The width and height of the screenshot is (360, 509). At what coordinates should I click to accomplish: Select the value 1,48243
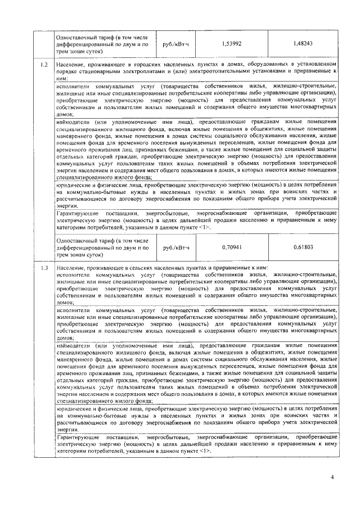[304, 43]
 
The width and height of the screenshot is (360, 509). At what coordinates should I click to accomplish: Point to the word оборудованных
[258, 66]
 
